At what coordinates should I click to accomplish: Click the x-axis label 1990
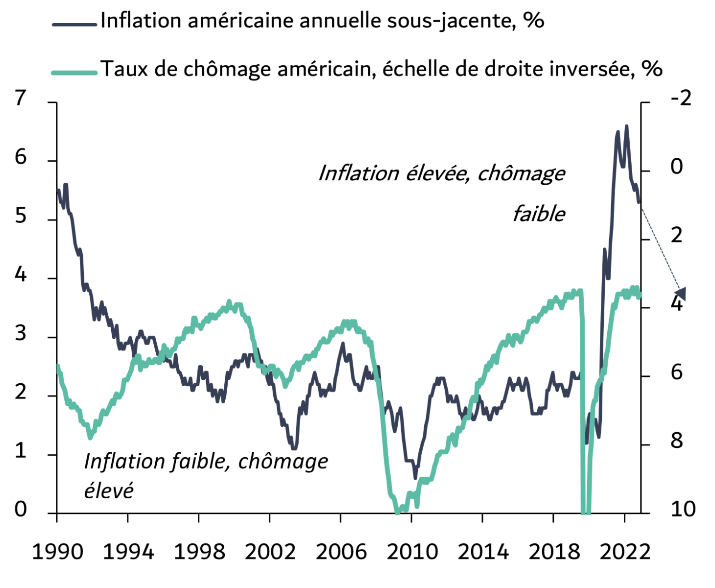(x=57, y=552)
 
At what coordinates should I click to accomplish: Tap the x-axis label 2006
(x=341, y=552)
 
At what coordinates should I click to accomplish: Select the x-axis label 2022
(x=625, y=552)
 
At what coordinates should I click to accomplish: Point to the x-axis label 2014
(x=483, y=552)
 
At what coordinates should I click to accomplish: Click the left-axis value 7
(x=20, y=98)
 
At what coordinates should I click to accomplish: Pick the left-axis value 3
(x=20, y=334)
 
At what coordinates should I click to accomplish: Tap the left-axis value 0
(x=20, y=510)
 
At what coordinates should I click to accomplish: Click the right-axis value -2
(x=681, y=98)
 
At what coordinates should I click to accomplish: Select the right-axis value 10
(x=683, y=510)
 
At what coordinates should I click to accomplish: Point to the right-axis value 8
(x=676, y=441)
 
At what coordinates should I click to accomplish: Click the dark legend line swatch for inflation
(x=74, y=24)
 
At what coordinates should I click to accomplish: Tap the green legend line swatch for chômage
(x=74, y=73)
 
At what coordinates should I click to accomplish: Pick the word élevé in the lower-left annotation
(x=108, y=490)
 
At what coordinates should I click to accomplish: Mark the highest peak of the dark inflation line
(x=626, y=126)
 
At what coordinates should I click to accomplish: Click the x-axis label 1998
(x=199, y=552)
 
